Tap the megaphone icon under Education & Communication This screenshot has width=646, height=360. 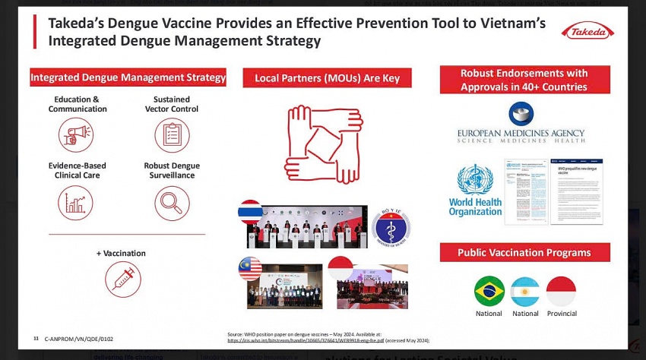(76, 134)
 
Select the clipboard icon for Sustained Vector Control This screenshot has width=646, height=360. (172, 134)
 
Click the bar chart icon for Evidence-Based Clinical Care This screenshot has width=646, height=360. (76, 202)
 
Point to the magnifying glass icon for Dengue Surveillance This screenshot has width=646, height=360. (172, 202)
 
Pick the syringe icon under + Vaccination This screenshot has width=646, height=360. (122, 278)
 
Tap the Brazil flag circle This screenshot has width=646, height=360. (489, 292)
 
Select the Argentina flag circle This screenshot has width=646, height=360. (524, 292)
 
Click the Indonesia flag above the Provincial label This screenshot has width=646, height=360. (561, 292)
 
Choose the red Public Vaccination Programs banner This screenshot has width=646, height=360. (525, 253)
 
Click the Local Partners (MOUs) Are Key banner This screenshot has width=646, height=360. (327, 77)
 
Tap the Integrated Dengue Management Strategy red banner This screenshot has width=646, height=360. (128, 77)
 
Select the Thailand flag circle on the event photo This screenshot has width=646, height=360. (250, 210)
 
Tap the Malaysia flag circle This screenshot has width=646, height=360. (250, 268)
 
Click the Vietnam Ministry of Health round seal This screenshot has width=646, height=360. (391, 226)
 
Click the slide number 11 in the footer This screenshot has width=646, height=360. (36, 337)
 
